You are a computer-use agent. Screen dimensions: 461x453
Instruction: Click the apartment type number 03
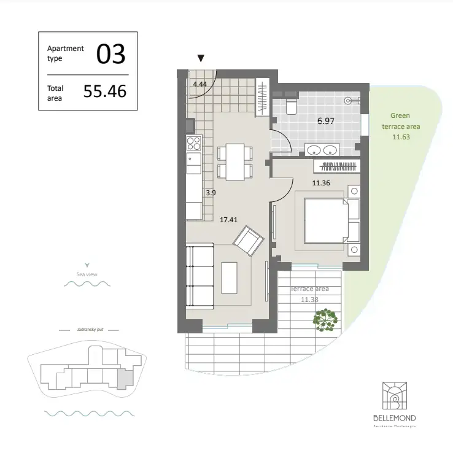tap(110, 55)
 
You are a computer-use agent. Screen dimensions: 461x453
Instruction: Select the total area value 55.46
tap(104, 92)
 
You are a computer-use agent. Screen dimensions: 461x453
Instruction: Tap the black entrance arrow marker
tap(200, 59)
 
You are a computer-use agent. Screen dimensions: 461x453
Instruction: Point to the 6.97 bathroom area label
tap(325, 121)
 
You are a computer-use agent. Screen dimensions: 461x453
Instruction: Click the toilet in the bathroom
tap(291, 107)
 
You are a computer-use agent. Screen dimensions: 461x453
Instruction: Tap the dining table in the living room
tap(234, 162)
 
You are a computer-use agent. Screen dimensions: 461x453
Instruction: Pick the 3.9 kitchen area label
tap(211, 193)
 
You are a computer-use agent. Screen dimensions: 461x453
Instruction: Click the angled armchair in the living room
tap(249, 241)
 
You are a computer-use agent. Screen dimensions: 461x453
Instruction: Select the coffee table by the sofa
tap(230, 278)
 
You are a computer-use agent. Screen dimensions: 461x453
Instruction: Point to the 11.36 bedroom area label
tap(322, 182)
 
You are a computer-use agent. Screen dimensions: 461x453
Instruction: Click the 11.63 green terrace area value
tap(400, 137)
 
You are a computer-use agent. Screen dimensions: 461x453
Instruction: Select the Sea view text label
tap(87, 274)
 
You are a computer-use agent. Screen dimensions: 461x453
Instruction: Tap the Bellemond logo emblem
tap(394, 397)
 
